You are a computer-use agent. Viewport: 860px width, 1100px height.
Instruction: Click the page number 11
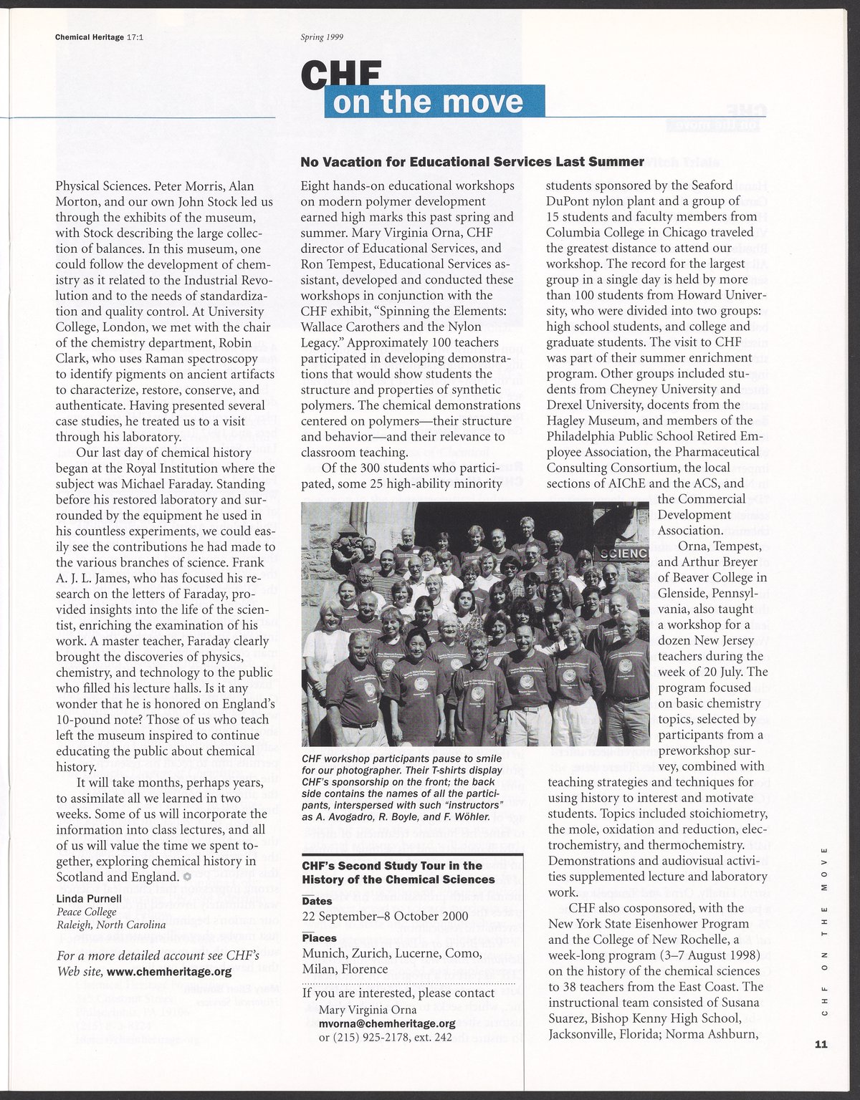[x=821, y=1043]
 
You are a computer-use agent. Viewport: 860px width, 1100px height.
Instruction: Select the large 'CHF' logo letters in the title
[x=340, y=75]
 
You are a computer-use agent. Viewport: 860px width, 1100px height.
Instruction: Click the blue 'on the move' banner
[x=434, y=102]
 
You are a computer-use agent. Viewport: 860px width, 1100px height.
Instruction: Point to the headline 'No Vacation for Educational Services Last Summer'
[x=472, y=162]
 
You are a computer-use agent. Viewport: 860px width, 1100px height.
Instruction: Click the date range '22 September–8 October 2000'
[x=385, y=917]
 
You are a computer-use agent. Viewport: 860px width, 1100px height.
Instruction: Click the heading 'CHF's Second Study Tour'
[x=398, y=872]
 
